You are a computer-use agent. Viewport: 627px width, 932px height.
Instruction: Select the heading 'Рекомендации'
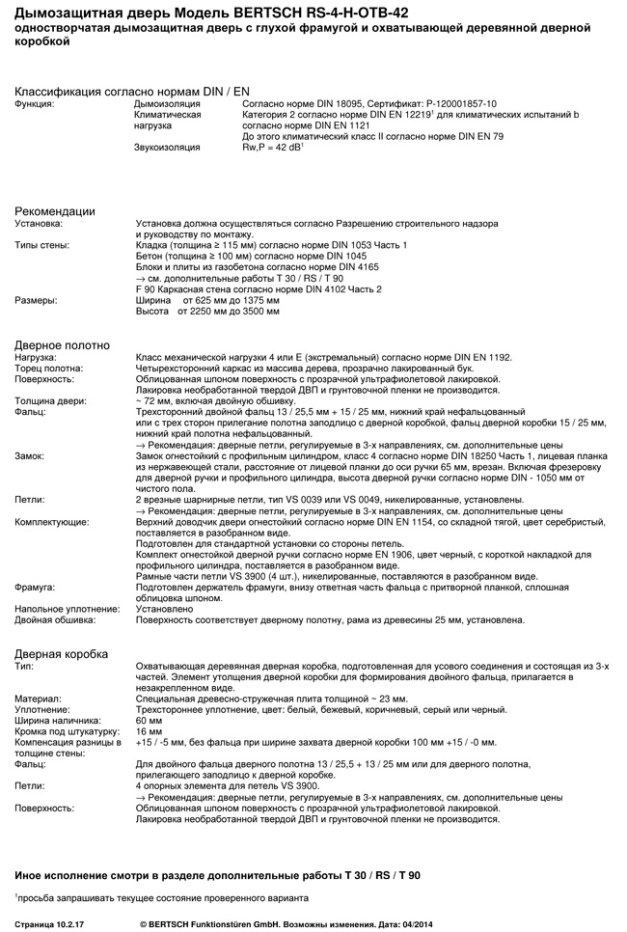pyautogui.click(x=54, y=211)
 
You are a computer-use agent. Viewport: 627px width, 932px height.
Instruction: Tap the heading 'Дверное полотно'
pyautogui.click(x=62, y=345)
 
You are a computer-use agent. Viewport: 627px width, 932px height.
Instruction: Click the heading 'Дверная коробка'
pyautogui.click(x=61, y=654)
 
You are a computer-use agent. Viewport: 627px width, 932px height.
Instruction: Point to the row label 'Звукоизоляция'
pyautogui.click(x=166, y=147)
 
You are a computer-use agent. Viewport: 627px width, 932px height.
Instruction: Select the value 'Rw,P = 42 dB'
pyautogui.click(x=273, y=147)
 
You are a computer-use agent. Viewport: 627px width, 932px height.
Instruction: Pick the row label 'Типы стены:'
pyautogui.click(x=41, y=245)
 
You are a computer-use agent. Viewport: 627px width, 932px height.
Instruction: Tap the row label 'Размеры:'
pyautogui.click(x=36, y=300)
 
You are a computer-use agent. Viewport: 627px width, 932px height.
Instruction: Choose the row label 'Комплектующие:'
pyautogui.click(x=51, y=521)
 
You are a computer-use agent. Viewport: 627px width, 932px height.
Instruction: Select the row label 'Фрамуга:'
pyautogui.click(x=35, y=587)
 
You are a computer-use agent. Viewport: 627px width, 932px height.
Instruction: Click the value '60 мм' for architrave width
pyautogui.click(x=150, y=721)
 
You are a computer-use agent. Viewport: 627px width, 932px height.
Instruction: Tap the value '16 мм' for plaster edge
pyautogui.click(x=150, y=731)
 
